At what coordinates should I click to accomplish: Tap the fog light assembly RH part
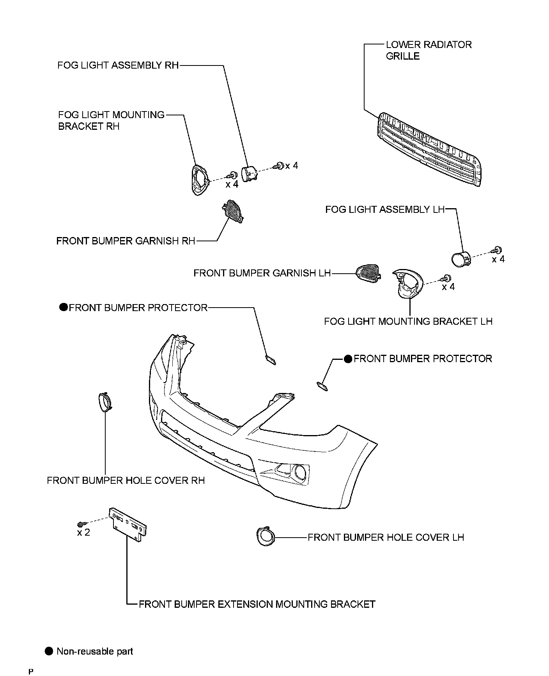248,173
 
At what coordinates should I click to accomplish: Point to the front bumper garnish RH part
233,211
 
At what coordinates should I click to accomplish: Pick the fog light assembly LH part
460,259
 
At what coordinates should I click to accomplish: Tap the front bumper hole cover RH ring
104,402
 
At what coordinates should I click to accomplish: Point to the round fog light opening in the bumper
300,472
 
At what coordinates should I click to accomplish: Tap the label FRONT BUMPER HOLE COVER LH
386,537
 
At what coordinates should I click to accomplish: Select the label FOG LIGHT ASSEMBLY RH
118,65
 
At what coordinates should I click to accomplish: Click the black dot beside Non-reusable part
49,651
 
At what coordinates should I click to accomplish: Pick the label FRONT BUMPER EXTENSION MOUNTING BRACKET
257,604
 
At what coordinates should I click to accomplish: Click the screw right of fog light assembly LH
497,250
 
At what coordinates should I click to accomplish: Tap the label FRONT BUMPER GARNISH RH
126,241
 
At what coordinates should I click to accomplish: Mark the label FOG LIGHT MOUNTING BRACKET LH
408,321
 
